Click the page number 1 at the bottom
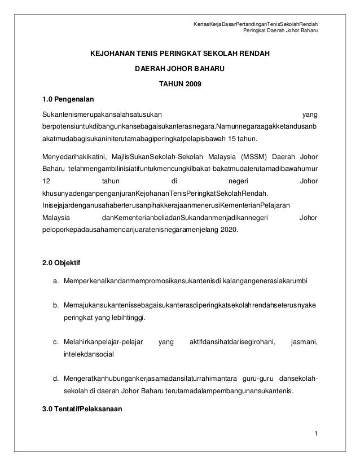(x=316, y=433)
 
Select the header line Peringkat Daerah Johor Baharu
(x=279, y=30)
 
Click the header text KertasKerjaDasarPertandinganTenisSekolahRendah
(x=255, y=24)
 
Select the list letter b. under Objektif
(x=56, y=305)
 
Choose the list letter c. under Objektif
(x=56, y=341)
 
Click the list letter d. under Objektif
(x=56, y=377)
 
